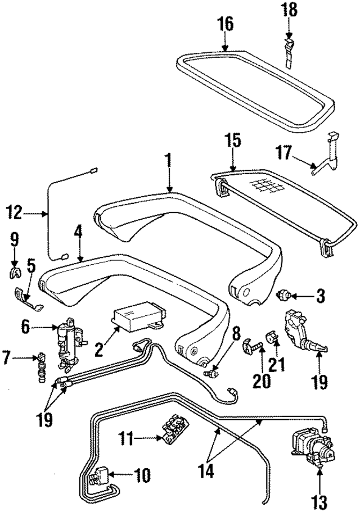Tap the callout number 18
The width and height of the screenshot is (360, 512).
coord(290,10)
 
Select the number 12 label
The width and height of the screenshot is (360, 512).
coord(14,213)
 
